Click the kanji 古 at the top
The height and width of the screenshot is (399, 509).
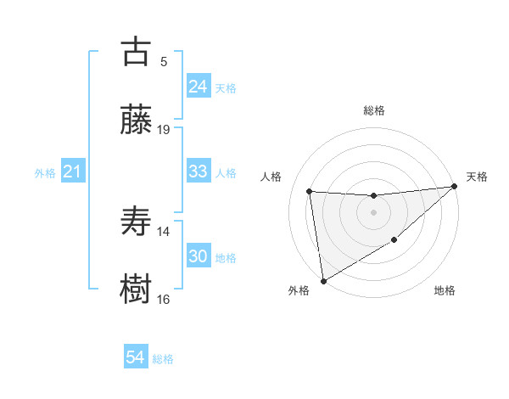[137, 52]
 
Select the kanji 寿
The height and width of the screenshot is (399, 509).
[137, 222]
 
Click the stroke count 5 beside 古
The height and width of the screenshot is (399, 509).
[164, 61]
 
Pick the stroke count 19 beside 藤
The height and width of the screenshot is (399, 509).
[164, 129]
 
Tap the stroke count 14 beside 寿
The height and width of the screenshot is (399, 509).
[164, 231]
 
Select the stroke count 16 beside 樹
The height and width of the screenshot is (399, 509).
[164, 299]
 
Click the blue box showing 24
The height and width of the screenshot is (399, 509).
[198, 87]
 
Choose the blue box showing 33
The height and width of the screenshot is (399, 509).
[198, 171]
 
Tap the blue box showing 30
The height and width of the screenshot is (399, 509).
[198, 256]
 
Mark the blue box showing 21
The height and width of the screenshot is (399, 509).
[72, 172]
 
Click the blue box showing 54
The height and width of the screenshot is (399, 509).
[135, 357]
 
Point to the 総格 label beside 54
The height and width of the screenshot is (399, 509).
[163, 359]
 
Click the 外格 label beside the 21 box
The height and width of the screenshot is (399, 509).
[45, 173]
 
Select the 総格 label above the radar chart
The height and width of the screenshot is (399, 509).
[374, 110]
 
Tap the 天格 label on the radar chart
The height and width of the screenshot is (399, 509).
[477, 177]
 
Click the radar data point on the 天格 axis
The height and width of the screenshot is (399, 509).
[455, 186]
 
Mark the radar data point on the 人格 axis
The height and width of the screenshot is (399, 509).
[310, 191]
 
